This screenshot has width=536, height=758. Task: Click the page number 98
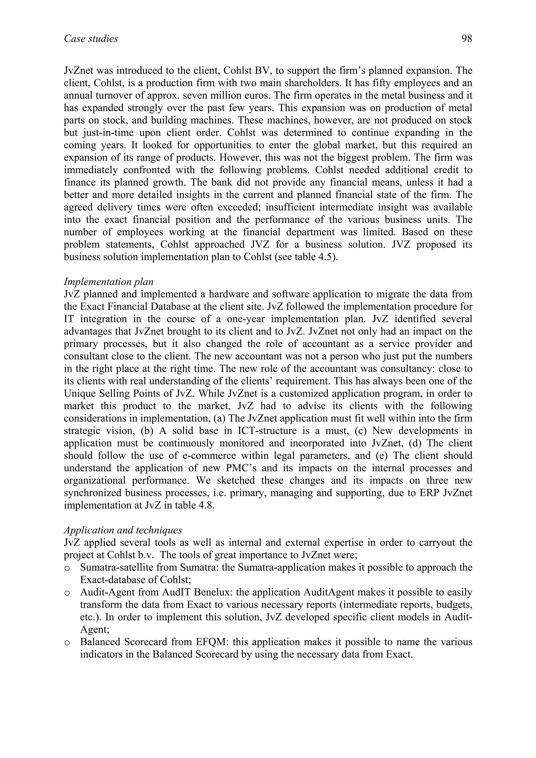coord(467,39)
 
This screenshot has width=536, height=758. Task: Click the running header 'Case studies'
coord(91,39)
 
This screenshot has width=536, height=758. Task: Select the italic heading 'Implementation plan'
coord(109,282)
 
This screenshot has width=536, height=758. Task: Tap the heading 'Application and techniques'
coord(123,530)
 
